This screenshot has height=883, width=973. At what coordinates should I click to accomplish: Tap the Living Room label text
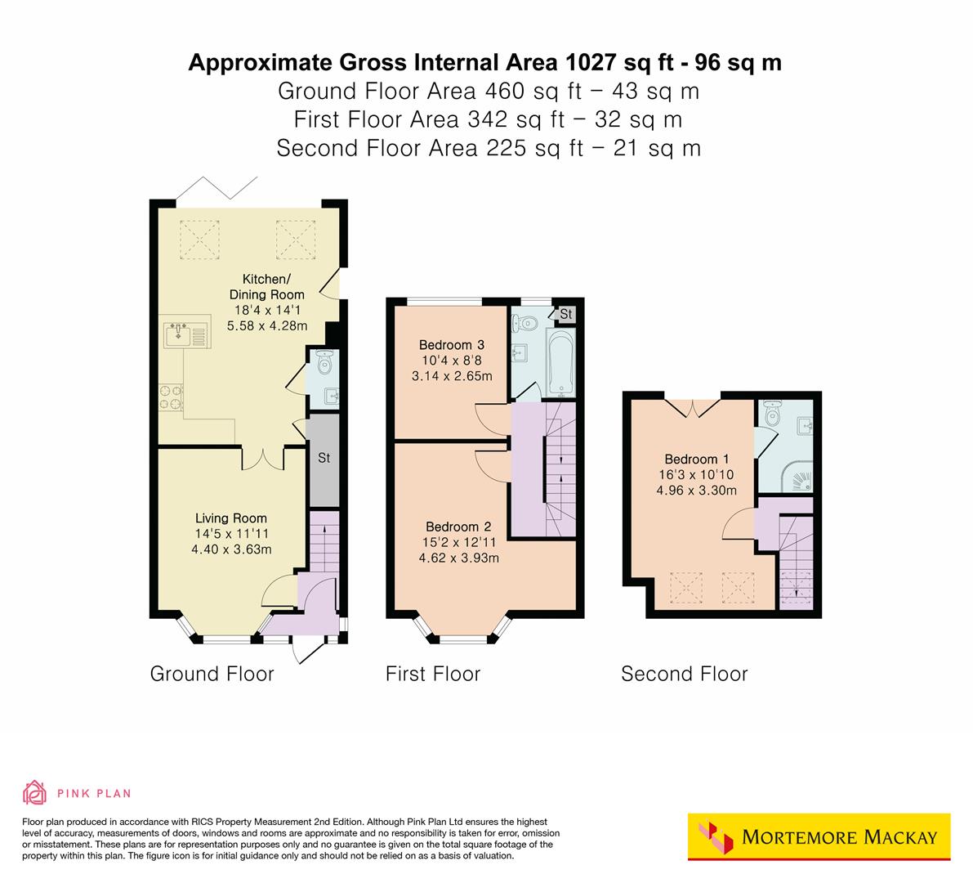click(230, 518)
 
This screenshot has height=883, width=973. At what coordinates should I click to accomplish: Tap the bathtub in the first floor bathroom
click(563, 364)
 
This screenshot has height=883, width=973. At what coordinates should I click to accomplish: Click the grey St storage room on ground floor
click(324, 459)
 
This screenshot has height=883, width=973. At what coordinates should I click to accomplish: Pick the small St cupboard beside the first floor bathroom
click(565, 314)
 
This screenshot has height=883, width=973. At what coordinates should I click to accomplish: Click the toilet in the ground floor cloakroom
click(324, 360)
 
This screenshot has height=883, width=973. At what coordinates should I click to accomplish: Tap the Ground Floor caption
click(212, 675)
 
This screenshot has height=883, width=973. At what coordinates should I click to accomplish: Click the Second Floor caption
click(684, 675)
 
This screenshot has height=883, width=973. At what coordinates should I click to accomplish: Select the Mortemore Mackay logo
click(819, 837)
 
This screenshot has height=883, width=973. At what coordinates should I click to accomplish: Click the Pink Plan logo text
click(93, 793)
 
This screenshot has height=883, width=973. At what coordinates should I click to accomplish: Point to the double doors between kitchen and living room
click(262, 459)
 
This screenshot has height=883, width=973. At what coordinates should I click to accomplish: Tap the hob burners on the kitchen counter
click(170, 397)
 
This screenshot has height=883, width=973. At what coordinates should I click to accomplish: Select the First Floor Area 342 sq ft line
click(487, 119)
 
